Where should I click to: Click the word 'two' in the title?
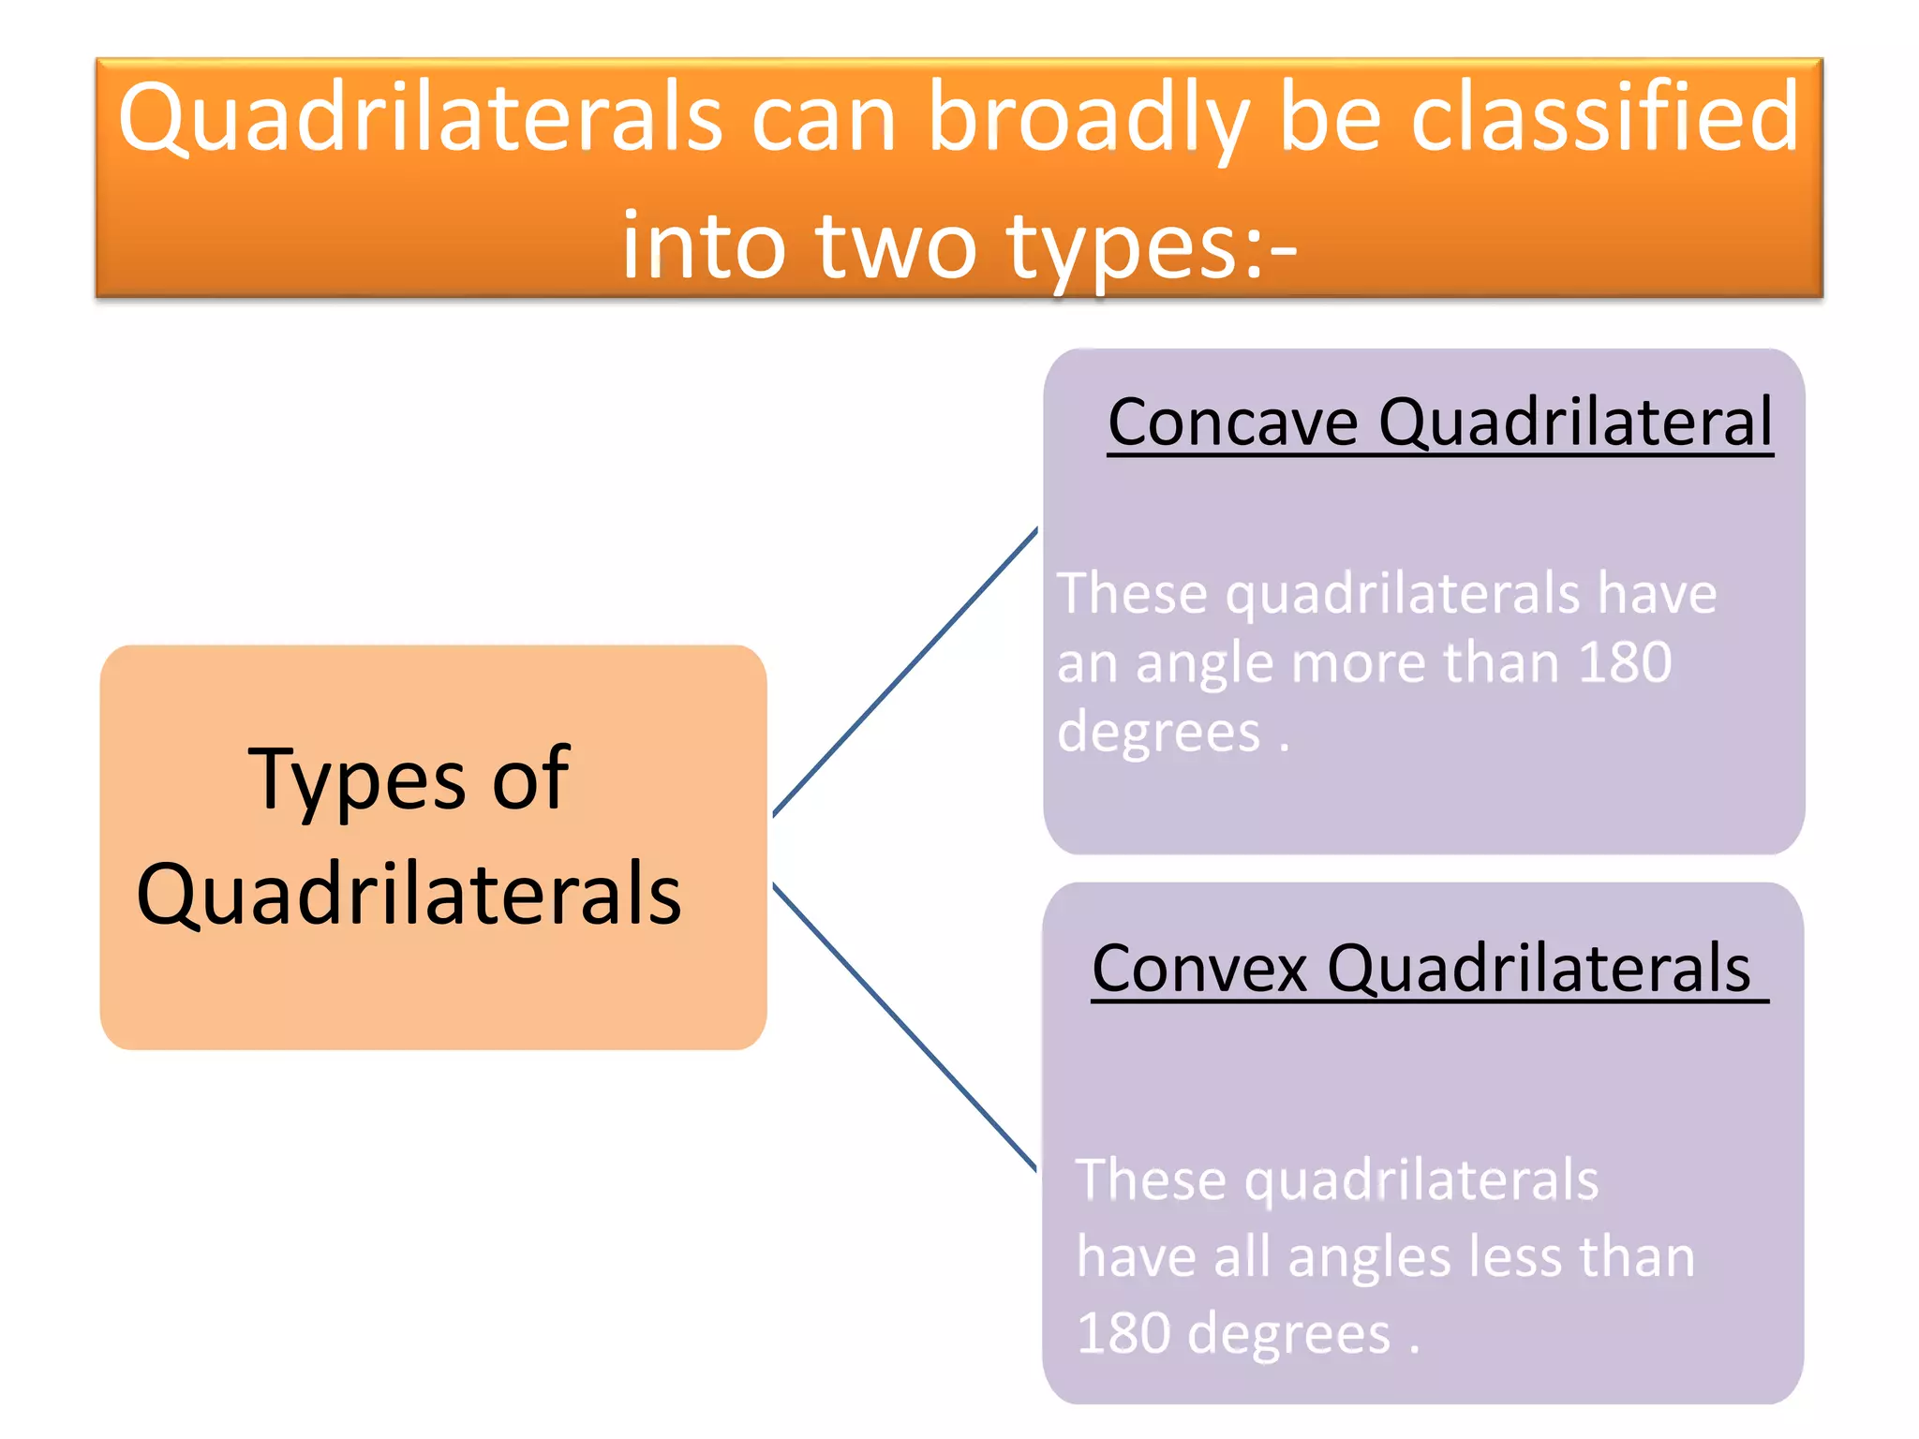coord(896,245)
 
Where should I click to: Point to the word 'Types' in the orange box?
coord(357,779)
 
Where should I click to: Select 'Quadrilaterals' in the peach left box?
coord(409,894)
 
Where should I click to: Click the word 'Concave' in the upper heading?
coord(1232,422)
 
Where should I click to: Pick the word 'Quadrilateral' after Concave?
coord(1576,422)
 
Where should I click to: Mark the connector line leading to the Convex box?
coord(905,1027)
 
